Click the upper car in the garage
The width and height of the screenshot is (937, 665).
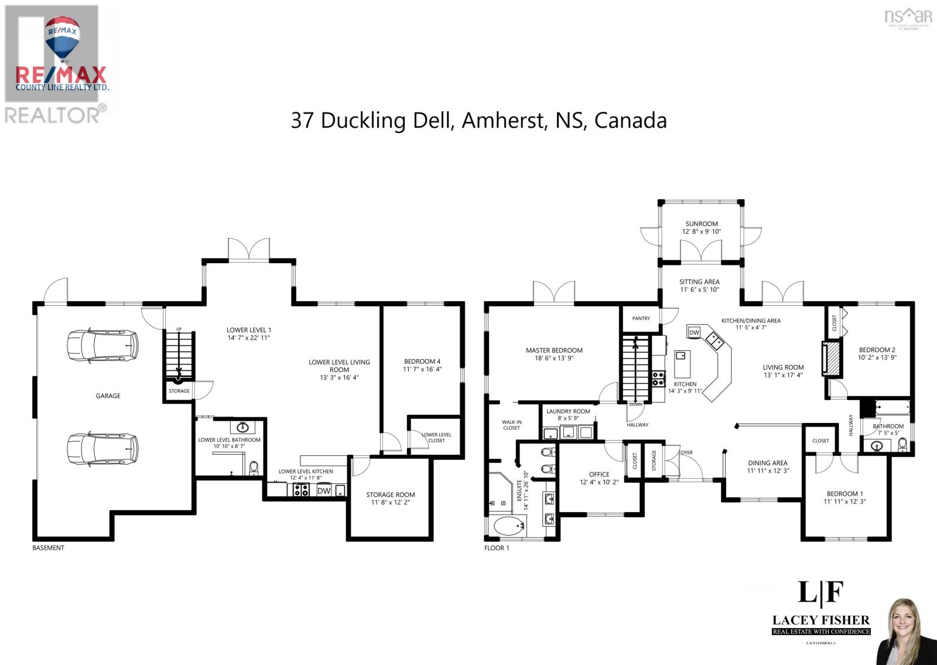point(103,345)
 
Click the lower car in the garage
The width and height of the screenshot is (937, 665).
point(103,448)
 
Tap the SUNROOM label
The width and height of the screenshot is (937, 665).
point(701,224)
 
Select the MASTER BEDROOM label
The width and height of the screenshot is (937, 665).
point(554,350)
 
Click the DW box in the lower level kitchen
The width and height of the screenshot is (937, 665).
point(324,491)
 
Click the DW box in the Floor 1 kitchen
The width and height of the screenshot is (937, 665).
point(694,332)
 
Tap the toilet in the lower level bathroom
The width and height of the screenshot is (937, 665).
point(254,468)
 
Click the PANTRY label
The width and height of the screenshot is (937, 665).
point(641,318)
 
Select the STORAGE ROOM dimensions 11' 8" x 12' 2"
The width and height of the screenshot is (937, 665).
point(391,502)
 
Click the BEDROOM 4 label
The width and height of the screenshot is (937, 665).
point(422,362)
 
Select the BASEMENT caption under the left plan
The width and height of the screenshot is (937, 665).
point(48,548)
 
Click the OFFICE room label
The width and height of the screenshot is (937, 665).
point(599,475)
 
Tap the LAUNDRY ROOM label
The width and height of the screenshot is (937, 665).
point(568,411)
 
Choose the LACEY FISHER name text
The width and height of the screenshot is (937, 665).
point(820,620)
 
